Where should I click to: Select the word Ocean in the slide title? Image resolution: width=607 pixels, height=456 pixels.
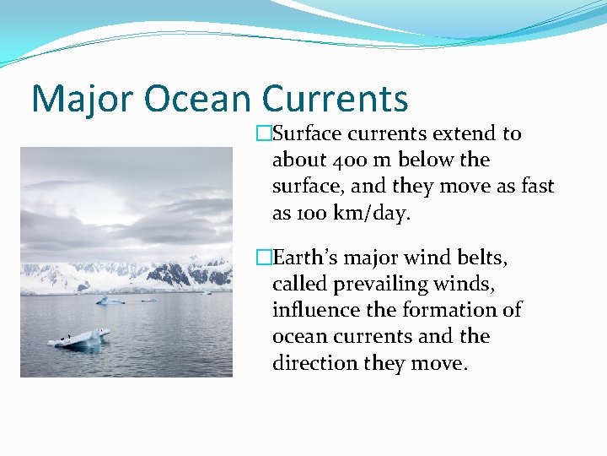click(197, 99)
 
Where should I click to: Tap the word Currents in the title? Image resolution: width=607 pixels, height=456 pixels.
click(335, 99)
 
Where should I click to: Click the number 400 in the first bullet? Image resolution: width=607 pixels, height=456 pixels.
click(348, 160)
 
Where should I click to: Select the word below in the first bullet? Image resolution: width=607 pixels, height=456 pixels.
click(424, 160)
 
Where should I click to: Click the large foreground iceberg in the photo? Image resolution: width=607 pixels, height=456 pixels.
click(80, 338)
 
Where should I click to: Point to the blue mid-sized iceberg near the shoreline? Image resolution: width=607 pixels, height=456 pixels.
click(110, 300)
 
